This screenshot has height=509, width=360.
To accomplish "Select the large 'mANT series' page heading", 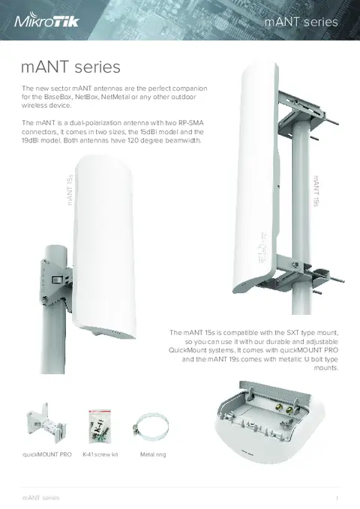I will pyautogui.click(x=70, y=67).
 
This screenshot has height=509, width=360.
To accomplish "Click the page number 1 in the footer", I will pyautogui.click(x=337, y=498).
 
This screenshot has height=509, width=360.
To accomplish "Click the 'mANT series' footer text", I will pyautogui.click(x=40, y=498).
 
